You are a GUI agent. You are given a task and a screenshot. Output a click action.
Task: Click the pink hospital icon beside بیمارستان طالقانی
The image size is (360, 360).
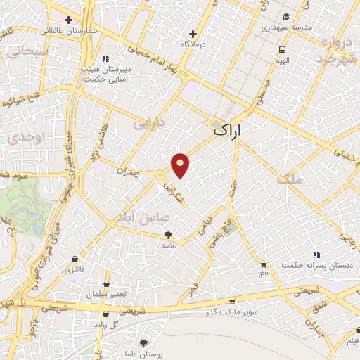click(x=67, y=19)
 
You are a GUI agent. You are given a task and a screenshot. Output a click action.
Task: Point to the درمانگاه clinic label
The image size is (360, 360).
click(x=192, y=44)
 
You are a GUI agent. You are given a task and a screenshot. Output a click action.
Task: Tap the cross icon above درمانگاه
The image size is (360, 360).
click(x=193, y=33)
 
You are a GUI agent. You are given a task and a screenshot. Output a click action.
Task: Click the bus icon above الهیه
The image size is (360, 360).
click(x=281, y=50)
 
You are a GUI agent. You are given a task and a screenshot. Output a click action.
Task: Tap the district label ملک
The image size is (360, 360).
click(x=289, y=179)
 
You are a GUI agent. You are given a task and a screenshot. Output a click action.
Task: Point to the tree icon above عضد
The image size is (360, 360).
click(x=168, y=235)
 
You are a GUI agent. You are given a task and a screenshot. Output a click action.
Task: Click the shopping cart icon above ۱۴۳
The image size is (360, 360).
click(x=264, y=264)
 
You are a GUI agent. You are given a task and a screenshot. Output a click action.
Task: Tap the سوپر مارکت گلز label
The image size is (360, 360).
click(x=231, y=311)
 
